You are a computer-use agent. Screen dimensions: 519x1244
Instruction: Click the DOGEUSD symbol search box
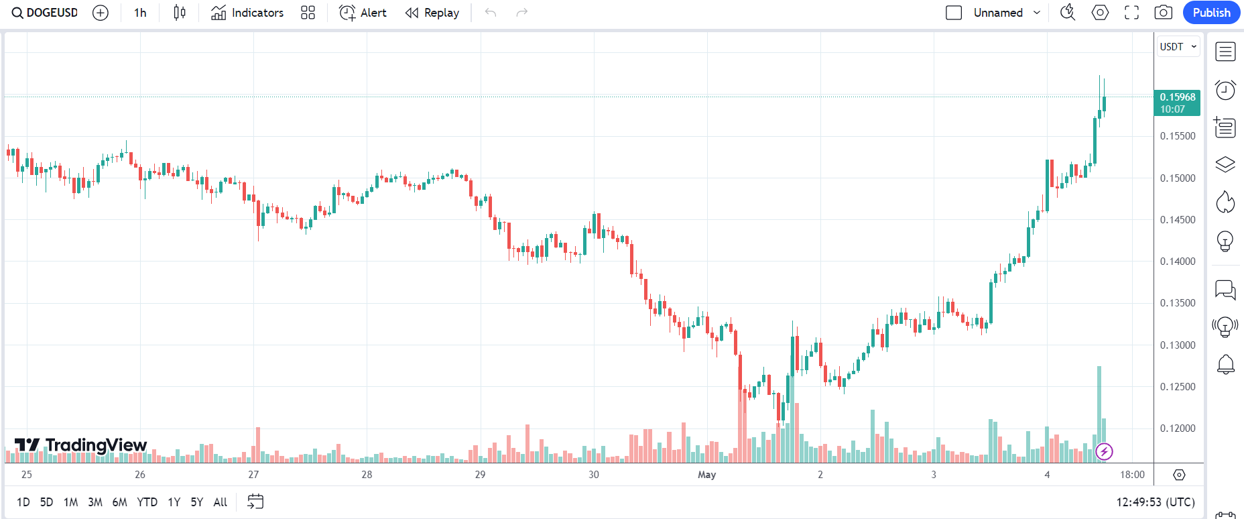point(46,13)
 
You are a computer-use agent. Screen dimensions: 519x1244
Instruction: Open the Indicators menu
point(247,13)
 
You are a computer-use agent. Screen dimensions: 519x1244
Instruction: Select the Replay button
point(432,13)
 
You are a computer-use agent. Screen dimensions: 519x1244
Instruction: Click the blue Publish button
point(1211,13)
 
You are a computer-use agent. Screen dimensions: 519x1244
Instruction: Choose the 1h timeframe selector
point(140,13)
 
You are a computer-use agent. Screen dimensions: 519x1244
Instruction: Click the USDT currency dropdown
point(1178,47)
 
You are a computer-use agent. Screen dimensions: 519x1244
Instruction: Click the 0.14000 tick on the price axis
point(1178,262)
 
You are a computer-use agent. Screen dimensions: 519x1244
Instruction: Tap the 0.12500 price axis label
point(1178,387)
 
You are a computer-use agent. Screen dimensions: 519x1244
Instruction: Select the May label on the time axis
point(706,475)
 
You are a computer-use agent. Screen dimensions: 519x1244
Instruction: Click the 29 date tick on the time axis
point(480,475)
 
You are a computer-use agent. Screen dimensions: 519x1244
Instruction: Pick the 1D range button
point(23,502)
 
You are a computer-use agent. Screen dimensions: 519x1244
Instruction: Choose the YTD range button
point(147,502)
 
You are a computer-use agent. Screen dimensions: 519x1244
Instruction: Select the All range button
point(220,502)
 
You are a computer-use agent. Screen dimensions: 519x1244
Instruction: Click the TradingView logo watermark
point(81,445)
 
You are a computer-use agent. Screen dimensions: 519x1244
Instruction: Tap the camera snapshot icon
point(1164,13)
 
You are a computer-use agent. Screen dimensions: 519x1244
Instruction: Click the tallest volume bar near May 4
point(1099,409)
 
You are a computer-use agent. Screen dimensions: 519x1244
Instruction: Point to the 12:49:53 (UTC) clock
point(1155,502)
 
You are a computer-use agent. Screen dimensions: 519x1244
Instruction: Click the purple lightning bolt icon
point(1104,452)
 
